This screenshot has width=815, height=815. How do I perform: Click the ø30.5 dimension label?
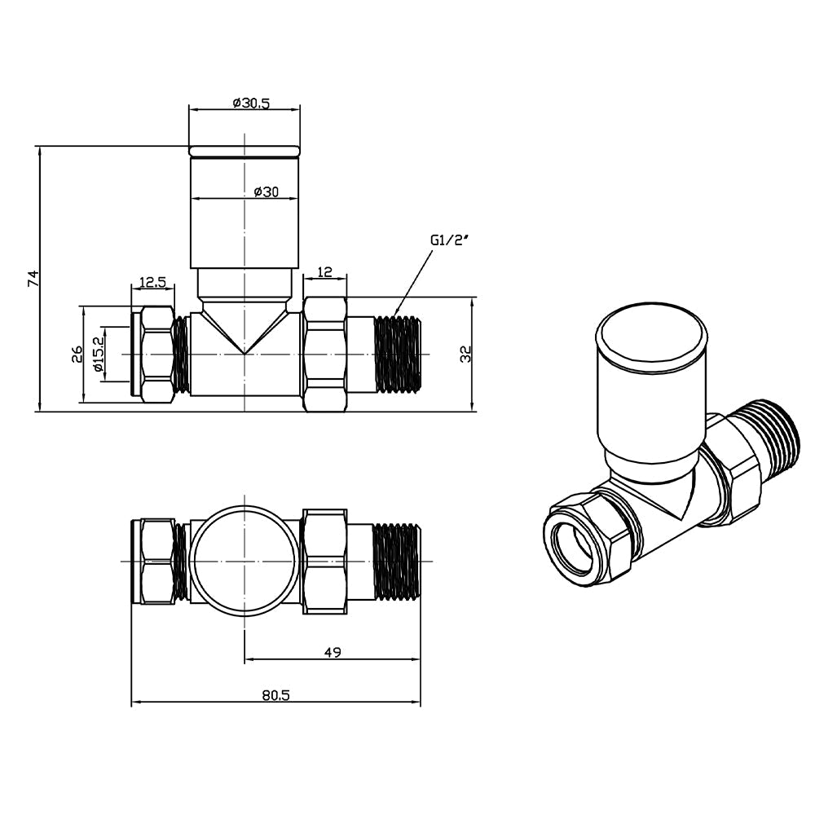[x=250, y=103]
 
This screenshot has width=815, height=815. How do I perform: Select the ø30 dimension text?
[x=267, y=192]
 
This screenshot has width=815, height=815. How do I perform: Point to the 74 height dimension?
[x=33, y=278]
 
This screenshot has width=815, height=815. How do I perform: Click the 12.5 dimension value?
[x=152, y=282]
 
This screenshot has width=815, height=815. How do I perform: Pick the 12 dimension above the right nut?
[x=325, y=271]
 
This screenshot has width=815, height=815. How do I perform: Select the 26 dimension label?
[x=77, y=355]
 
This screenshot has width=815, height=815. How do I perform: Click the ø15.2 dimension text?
[x=99, y=355]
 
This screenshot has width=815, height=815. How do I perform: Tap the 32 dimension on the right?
[x=466, y=353]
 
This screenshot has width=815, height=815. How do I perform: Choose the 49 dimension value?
[x=332, y=652]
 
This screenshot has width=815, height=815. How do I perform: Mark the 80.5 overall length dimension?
[x=276, y=695]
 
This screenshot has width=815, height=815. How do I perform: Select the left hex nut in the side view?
[x=156, y=355]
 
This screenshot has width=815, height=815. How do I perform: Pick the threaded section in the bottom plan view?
[x=397, y=562]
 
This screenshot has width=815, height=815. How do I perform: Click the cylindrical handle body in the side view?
[x=245, y=220]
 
